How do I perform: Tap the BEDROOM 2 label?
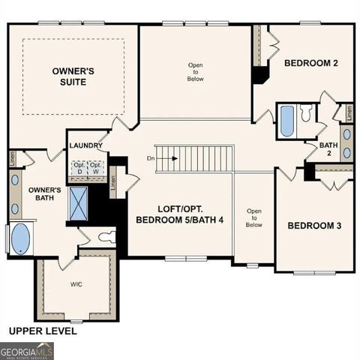(x=310, y=64)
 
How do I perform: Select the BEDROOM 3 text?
(x=315, y=226)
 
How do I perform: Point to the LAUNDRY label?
(x=84, y=145)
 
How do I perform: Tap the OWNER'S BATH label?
(x=44, y=195)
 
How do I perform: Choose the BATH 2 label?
(x=328, y=149)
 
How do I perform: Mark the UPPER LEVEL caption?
(x=42, y=330)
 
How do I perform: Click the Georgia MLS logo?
(x=26, y=351)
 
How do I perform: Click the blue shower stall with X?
(x=78, y=202)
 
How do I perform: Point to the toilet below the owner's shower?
(x=106, y=238)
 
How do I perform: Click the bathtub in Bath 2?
(x=286, y=121)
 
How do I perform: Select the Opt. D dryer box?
(x=79, y=167)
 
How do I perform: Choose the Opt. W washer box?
(x=96, y=167)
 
